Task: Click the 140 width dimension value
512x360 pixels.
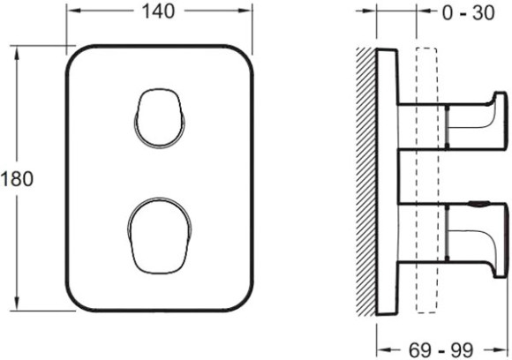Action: click(158, 11)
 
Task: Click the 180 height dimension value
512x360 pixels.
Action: click(17, 179)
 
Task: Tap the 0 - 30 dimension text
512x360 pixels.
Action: click(468, 13)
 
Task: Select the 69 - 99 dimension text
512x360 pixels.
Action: click(440, 350)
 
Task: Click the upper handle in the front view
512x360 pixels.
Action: click(160, 118)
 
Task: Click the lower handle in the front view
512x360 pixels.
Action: click(160, 236)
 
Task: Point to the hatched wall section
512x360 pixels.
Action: click(365, 182)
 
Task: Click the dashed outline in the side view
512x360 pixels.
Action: click(426, 181)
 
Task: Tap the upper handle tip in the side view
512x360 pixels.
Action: click(501, 122)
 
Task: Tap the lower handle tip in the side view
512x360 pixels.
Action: click(501, 240)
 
